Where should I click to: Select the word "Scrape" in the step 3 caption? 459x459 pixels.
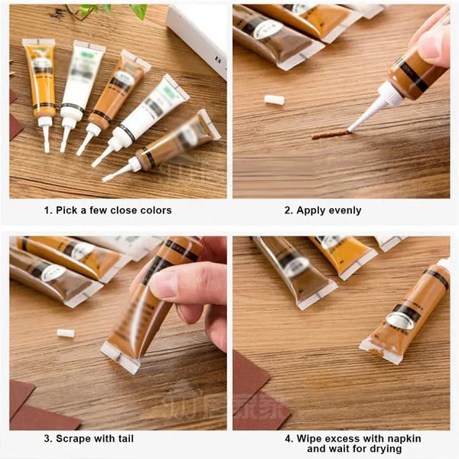pyautogui.click(x=80, y=438)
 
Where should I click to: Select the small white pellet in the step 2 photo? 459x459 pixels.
pyautogui.click(x=274, y=99)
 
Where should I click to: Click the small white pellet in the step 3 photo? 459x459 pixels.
pyautogui.click(x=66, y=333)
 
